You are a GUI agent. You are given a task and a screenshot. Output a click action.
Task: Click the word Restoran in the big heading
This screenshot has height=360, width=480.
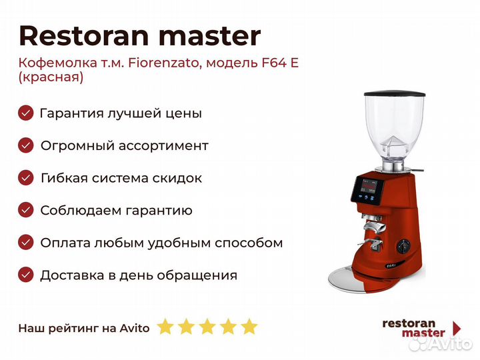tap(84, 35)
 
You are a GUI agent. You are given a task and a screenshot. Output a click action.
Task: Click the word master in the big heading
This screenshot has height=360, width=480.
tap(209, 36)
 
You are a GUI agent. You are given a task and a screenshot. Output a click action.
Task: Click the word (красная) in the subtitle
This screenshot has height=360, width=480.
tap(51, 77)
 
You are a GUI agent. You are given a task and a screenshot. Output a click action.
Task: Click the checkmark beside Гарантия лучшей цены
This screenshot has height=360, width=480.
tap(26, 113)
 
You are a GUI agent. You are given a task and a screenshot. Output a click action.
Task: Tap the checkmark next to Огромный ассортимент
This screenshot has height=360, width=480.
tap(26, 145)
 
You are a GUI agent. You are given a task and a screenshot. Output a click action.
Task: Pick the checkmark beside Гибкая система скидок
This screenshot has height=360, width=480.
tap(26, 178)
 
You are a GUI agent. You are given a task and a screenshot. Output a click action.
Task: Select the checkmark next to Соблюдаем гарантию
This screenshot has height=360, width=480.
tap(26, 210)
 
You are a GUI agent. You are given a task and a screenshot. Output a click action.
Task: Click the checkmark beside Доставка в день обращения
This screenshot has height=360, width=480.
tap(26, 275)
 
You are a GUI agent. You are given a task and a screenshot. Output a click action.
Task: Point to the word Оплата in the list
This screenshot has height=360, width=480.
tap(65, 243)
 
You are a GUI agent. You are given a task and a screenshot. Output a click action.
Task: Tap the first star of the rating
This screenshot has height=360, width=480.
tap(165, 326)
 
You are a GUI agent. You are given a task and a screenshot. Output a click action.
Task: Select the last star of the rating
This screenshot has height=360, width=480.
tap(249, 326)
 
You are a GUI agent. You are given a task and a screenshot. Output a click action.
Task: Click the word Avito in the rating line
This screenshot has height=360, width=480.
tap(135, 328)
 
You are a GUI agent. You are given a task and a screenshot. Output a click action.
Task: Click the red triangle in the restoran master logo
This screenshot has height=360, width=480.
tap(457, 328)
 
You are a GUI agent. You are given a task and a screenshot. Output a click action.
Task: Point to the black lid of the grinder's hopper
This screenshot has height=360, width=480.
tap(395, 94)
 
